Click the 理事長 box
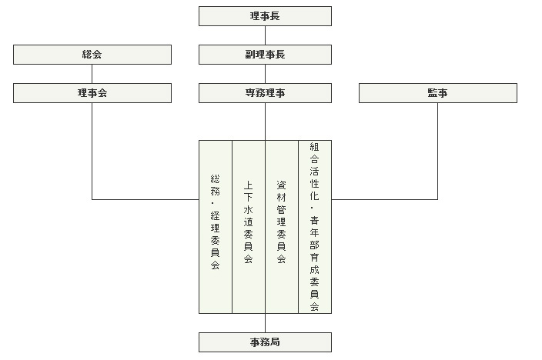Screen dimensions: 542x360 265,16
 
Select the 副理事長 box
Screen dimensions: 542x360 265,55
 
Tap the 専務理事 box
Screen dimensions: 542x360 265,93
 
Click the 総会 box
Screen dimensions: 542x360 92,55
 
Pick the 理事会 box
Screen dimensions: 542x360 92,93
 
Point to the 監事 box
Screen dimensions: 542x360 438,93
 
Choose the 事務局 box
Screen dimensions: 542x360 265,342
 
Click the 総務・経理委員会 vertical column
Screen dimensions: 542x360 216,227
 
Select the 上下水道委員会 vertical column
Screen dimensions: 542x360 249,227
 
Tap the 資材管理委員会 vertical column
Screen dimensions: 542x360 282,227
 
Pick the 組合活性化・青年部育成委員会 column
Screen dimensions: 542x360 315,227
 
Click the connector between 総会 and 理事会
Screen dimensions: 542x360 92,74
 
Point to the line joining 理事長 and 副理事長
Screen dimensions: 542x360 265,35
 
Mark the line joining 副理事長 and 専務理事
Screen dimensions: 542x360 265,74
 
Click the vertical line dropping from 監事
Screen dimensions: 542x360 437,151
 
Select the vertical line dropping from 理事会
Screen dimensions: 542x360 92,151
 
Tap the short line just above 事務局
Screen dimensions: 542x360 265,323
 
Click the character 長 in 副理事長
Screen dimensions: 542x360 280,55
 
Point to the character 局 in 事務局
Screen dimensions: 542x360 275,342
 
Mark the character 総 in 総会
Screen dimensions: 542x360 87,55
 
